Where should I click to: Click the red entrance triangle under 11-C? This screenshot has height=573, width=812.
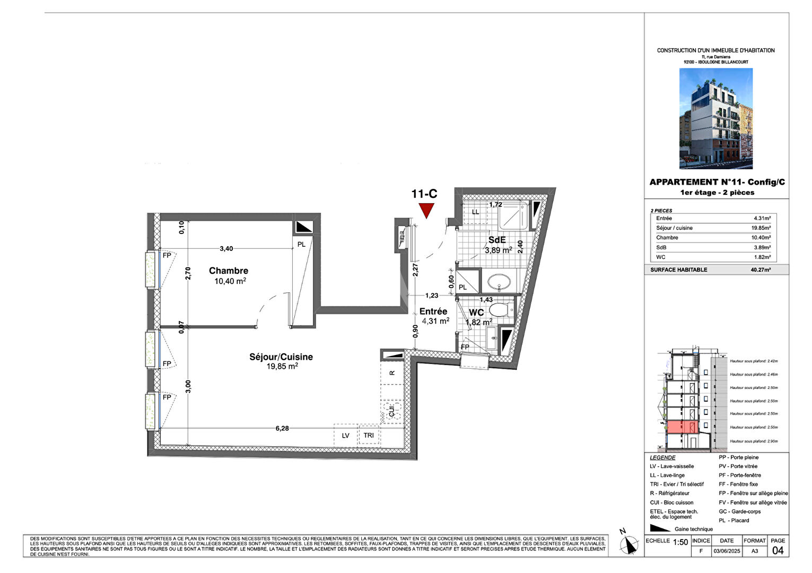point(426,210)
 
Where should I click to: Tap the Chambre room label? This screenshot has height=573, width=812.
point(229,271)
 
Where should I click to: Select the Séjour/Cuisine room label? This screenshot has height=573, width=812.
point(281,357)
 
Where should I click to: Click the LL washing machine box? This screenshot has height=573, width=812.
point(475,212)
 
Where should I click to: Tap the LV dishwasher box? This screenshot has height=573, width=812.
point(345,436)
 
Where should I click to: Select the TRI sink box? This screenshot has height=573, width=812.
point(369,436)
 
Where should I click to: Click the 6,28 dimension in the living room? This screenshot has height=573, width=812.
point(282,428)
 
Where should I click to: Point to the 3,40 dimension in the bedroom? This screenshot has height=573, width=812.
point(226,248)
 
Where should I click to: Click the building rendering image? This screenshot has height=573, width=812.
point(715,118)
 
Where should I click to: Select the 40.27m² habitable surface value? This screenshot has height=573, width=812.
point(761,270)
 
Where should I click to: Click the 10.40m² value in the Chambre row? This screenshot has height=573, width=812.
point(761,238)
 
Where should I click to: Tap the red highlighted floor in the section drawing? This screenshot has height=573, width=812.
point(682,427)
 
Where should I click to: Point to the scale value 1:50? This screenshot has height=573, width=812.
point(680,542)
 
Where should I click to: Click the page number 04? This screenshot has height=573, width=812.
point(778,551)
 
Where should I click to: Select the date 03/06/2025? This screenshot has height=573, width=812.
point(727,551)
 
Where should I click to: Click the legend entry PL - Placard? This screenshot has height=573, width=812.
point(734,520)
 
